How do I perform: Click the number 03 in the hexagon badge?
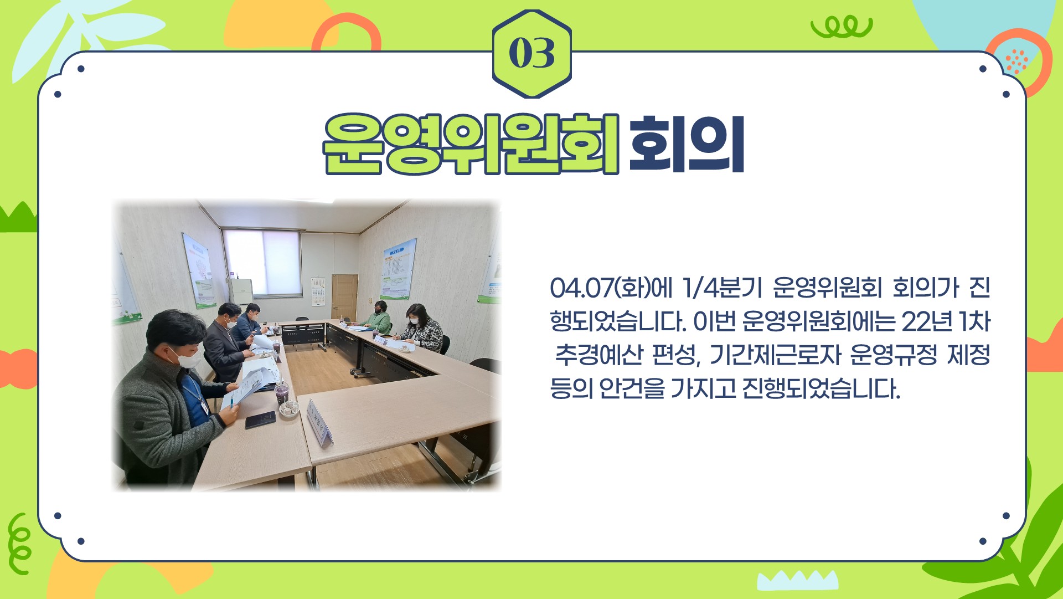[x=531, y=54]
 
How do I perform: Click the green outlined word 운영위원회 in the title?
[x=471, y=144]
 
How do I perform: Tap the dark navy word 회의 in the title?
[x=687, y=144]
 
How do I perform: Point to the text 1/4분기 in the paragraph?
[x=723, y=288]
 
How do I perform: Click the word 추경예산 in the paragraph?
[x=598, y=355]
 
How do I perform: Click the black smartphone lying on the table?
[x=260, y=419]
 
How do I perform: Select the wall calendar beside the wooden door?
[x=318, y=291]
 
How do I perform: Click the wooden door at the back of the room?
[x=344, y=298]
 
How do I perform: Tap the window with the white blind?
[x=262, y=263]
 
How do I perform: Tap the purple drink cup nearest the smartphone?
[x=281, y=395]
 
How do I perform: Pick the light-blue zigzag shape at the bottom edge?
[x=798, y=580]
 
